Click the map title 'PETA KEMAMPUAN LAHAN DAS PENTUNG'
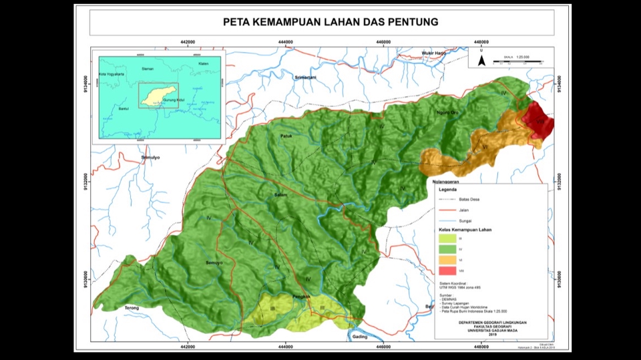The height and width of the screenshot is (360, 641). tap(331, 22)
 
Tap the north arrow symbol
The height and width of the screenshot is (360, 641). tap(481, 61)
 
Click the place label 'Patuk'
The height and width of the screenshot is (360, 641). tap(286, 136)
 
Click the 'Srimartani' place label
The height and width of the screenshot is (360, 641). tap(304, 77)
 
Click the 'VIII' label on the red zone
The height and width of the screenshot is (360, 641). tap(540, 122)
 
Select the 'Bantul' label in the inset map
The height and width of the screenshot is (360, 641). tap(122, 108)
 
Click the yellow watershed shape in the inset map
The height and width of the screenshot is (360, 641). tap(158, 95)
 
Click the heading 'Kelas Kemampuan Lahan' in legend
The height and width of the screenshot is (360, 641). tap(467, 229)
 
